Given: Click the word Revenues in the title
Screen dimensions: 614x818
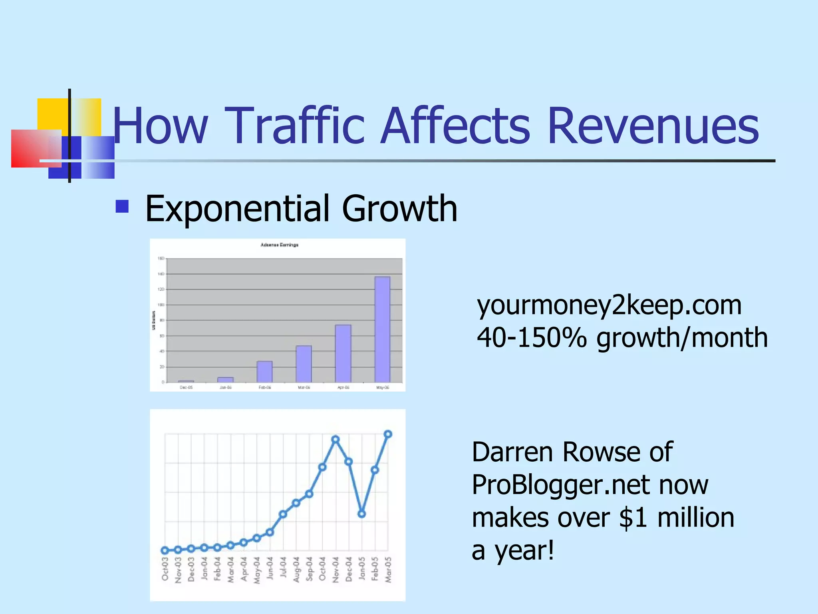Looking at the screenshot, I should coord(653,126).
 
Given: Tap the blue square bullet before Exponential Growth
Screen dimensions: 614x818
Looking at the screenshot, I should coord(122,206).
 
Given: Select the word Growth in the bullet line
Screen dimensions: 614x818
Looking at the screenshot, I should coord(399,209).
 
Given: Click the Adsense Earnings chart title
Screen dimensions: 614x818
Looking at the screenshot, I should coord(279,245).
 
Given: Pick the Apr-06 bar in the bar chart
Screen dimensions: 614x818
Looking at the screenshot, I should coord(343,353).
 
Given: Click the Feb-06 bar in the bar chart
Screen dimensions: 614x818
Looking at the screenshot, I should coord(264,371).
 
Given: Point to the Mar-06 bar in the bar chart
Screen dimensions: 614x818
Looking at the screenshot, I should coord(304,364).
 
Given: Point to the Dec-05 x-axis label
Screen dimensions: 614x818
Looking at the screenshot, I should coord(186,387).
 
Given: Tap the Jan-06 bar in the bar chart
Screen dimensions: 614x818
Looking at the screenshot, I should coord(225,379).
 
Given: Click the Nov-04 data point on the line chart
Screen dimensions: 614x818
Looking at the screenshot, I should coord(336,440).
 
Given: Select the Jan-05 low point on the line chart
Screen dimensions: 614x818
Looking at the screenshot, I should coord(361,514).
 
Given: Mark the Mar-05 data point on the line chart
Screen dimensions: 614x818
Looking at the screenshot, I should coord(388,434).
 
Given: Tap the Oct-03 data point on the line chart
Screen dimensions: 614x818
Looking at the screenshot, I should coord(165,550).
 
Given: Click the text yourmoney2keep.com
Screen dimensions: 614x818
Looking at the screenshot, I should coord(609,306).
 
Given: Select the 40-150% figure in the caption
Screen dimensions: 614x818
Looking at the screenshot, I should coord(532,338).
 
